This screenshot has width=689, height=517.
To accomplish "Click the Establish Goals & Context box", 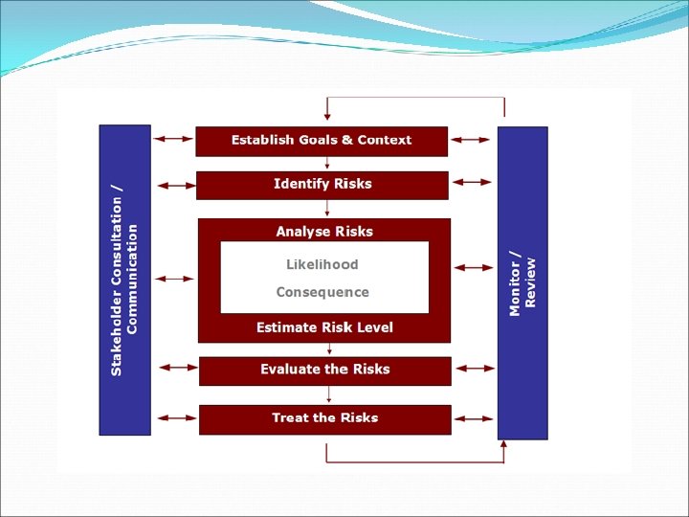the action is point(322,141).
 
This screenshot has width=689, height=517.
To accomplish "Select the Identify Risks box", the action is point(322,185).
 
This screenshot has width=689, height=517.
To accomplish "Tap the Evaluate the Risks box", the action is point(324,371).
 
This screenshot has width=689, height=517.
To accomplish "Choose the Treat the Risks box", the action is point(324,418).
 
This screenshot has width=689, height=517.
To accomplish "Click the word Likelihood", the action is point(322,264).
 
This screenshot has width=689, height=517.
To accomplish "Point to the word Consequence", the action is point(322,292).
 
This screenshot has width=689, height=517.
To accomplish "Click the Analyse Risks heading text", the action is point(324,231).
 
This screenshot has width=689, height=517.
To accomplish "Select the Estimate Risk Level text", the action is point(324,327).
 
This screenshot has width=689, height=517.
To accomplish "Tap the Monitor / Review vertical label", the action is point(522,282).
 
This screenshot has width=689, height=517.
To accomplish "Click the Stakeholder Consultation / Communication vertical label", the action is point(124,280).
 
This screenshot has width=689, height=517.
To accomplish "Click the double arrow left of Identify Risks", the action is point(173,184).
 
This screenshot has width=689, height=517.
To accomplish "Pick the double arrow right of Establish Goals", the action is point(471,140).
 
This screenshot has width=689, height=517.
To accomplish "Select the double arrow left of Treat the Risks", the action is point(175,417).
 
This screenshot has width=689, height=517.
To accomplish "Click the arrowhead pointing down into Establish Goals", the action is point(327,117).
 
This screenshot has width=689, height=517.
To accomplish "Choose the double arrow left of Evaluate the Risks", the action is point(175,368).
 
